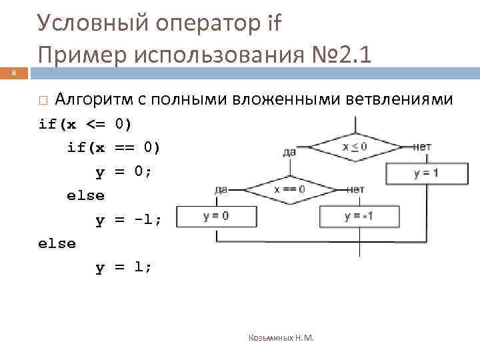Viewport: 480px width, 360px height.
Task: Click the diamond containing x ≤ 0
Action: pos(355,147)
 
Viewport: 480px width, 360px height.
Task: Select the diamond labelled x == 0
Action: pos(289,189)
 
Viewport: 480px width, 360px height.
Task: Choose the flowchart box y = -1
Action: pos(359,215)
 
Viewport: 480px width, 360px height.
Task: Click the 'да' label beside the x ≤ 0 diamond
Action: pos(289,152)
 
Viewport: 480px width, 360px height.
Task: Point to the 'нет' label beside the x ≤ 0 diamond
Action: pos(422,146)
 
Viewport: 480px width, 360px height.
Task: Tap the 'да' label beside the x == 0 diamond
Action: pos(221,189)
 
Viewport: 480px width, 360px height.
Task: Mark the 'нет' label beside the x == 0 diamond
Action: pos(355,189)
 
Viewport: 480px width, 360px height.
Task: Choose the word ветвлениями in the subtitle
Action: pos(401,100)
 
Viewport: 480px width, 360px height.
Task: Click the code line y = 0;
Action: pos(123,171)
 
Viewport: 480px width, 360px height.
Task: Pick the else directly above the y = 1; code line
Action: pos(57,244)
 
